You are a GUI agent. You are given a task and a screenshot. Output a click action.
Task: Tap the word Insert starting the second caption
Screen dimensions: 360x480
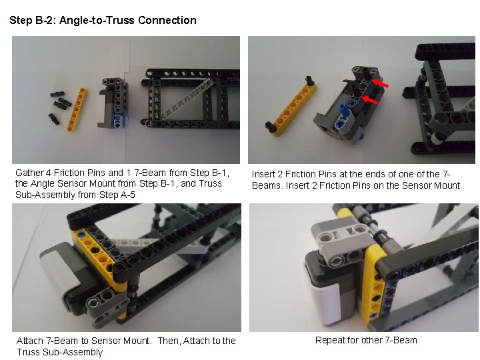click(x=265, y=174)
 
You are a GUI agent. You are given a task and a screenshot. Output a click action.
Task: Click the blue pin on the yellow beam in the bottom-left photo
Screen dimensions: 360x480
click(x=81, y=235)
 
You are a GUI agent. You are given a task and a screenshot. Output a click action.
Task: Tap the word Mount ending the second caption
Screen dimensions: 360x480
click(x=445, y=185)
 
